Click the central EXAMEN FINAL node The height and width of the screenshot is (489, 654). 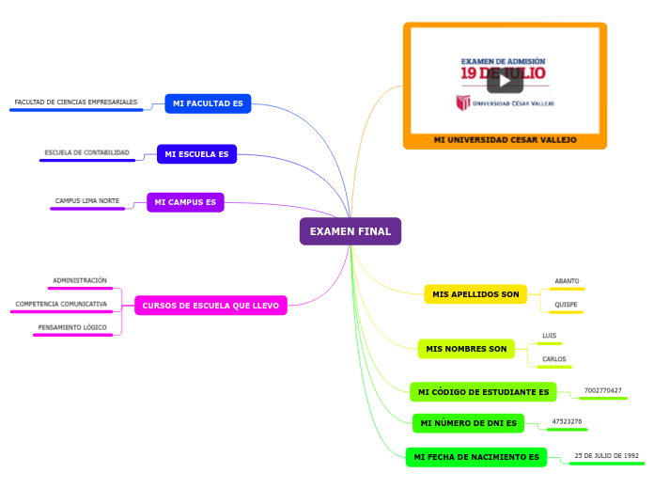(x=350, y=231)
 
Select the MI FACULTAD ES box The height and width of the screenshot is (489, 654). (x=208, y=103)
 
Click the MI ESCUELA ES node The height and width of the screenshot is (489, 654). (x=196, y=153)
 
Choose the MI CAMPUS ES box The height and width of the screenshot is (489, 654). (x=185, y=202)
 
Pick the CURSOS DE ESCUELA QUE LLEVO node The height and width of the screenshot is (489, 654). (x=210, y=305)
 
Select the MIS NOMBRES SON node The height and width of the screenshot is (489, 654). (x=466, y=349)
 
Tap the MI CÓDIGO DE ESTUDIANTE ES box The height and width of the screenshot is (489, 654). (x=483, y=391)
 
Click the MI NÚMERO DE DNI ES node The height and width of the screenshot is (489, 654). (x=468, y=423)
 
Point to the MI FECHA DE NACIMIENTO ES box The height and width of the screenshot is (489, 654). (x=475, y=457)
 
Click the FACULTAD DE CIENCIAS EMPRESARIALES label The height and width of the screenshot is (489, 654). (x=76, y=103)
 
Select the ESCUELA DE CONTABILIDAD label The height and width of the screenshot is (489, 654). (x=87, y=152)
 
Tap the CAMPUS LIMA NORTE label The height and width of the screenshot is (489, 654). (x=87, y=201)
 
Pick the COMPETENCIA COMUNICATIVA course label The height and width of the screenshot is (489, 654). (x=61, y=305)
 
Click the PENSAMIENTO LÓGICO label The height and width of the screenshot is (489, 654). (x=72, y=328)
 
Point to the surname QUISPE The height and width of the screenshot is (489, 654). (x=567, y=305)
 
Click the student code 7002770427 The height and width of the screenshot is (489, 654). (x=602, y=390)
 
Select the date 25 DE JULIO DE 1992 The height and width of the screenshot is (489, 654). (x=606, y=455)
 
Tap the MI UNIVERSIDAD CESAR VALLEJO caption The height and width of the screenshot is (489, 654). (x=505, y=139)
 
